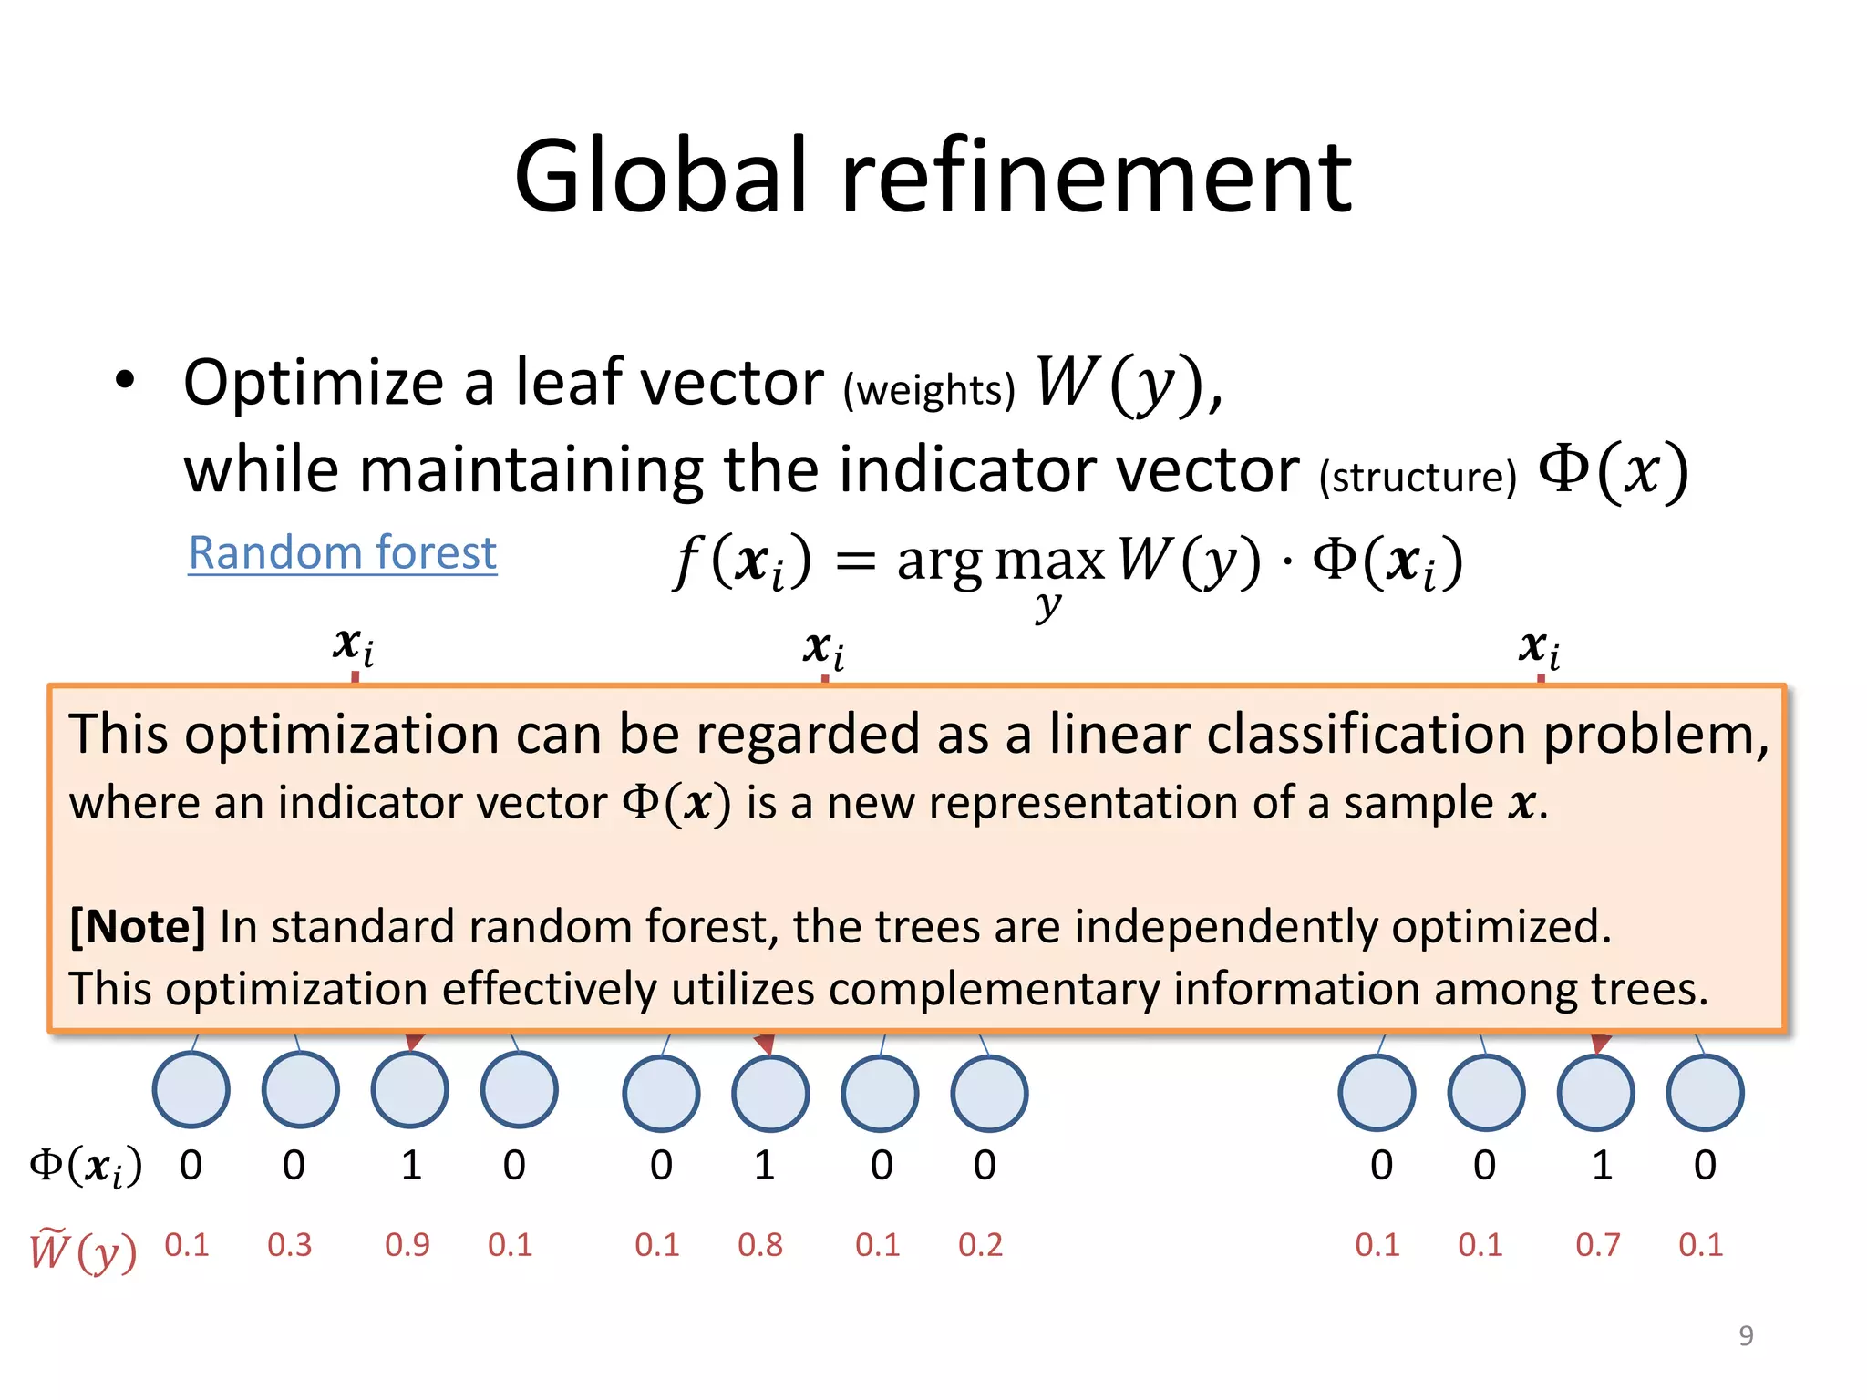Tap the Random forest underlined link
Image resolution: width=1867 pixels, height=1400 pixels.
342,552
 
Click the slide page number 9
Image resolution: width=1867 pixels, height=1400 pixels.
1746,1335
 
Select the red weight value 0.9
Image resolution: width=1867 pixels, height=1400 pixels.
407,1244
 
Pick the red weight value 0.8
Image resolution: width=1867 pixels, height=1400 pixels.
759,1244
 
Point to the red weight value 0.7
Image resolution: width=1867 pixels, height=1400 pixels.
1597,1244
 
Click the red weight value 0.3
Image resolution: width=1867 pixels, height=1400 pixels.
289,1244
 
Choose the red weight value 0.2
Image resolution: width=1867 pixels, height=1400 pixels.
980,1244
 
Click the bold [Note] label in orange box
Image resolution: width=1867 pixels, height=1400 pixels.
138,927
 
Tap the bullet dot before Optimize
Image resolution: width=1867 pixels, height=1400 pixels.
125,380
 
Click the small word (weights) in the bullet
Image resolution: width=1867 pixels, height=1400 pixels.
928,390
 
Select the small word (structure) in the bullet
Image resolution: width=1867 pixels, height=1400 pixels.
1418,477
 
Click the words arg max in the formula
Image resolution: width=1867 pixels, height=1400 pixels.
1000,560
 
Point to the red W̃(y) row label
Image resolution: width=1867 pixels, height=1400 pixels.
83,1251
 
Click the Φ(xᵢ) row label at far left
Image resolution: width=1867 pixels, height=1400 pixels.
86,1166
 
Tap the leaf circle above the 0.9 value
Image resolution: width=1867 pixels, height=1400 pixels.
409,1090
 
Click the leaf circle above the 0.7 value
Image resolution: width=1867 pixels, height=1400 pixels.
1595,1092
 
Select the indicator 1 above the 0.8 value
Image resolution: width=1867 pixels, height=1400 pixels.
764,1165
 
